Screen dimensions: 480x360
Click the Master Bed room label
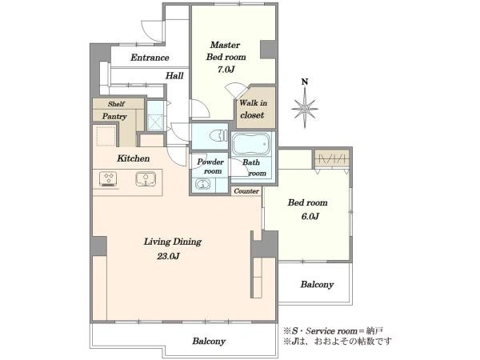click(x=226, y=51)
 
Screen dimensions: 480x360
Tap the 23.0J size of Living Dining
click(x=168, y=256)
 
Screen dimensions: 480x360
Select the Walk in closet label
click(x=253, y=109)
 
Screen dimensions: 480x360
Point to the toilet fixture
click(x=218, y=134)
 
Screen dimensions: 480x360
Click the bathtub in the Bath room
click(x=251, y=144)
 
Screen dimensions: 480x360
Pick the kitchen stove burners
click(x=108, y=179)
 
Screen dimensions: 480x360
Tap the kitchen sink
click(x=146, y=179)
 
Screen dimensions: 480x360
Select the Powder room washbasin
click(x=203, y=185)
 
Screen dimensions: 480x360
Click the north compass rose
click(x=305, y=108)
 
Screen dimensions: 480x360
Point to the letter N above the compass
click(x=305, y=82)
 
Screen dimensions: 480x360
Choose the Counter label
click(x=246, y=191)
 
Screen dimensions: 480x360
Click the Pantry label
click(x=114, y=117)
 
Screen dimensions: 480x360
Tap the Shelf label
click(x=116, y=104)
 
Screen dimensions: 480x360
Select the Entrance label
click(x=150, y=58)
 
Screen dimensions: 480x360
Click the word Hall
click(x=174, y=76)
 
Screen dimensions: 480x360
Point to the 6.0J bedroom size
click(x=310, y=217)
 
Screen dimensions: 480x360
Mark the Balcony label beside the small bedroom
click(x=317, y=284)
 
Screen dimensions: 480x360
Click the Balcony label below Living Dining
click(x=209, y=341)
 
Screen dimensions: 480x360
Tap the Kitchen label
click(x=133, y=158)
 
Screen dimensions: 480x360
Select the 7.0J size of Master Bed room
click(x=226, y=70)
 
